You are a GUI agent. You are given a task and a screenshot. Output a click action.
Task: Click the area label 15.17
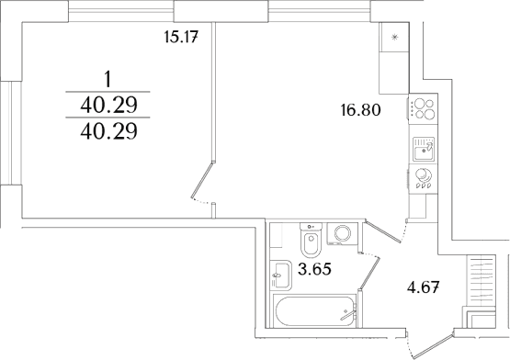[x=181, y=37]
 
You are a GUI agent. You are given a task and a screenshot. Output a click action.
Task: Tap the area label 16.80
[x=360, y=110]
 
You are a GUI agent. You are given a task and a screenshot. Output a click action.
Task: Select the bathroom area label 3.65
[x=314, y=269]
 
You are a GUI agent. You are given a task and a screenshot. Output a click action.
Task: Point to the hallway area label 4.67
[x=425, y=287]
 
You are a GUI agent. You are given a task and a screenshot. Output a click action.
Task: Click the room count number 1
[x=108, y=79]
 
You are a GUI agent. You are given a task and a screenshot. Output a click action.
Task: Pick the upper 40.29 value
[x=109, y=105]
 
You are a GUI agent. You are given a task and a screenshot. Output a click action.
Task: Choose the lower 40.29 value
[x=109, y=131]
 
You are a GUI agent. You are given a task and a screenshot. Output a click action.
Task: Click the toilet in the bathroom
[x=311, y=240]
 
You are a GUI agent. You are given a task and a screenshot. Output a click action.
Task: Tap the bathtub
[x=314, y=311]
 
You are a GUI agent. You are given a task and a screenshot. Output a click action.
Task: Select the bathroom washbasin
[x=280, y=276]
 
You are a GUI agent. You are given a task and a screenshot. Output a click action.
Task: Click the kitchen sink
[x=423, y=150]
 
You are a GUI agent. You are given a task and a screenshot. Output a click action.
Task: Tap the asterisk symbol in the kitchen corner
[x=394, y=38]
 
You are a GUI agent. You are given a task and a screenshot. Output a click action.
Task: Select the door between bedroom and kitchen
[x=202, y=179]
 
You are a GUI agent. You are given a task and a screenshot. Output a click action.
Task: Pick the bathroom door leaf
[x=369, y=273]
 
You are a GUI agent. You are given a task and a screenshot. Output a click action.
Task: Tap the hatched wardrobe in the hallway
[x=481, y=280]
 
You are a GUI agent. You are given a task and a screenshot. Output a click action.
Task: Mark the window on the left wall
[x=6, y=132]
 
